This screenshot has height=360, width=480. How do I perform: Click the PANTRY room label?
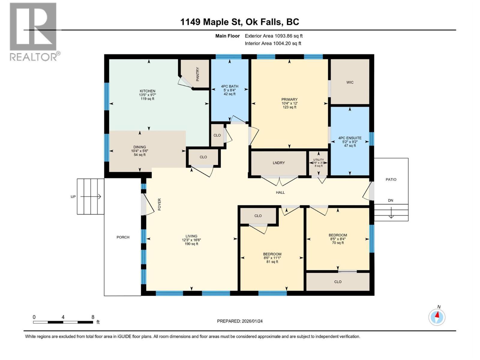(198, 74)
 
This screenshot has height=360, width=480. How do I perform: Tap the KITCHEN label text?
(147, 91)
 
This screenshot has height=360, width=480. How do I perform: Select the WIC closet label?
(350, 82)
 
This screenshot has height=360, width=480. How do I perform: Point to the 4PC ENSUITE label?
(350, 138)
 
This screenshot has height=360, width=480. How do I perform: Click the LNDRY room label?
(279, 163)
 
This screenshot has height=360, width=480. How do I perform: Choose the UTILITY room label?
(318, 160)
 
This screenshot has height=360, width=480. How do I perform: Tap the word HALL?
(280, 192)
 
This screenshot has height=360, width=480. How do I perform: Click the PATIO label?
(391, 179)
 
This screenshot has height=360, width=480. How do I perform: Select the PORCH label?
(123, 237)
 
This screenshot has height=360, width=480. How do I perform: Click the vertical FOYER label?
(160, 204)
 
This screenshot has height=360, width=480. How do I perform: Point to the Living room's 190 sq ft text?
(191, 244)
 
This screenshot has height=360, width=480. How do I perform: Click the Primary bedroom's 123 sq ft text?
(289, 107)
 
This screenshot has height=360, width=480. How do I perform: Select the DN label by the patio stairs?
(390, 200)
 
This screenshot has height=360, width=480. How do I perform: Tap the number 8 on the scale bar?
(93, 317)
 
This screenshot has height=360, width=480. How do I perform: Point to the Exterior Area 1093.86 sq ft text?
(274, 36)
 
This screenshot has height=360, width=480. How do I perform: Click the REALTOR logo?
(33, 31)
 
